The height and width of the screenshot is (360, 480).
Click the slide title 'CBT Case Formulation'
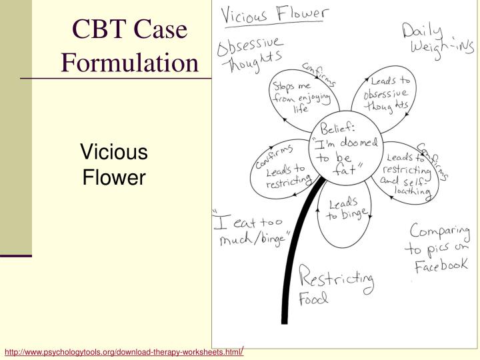click(130, 46)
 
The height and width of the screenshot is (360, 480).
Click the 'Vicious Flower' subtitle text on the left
click(113, 165)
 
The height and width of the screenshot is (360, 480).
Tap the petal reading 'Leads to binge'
click(344, 209)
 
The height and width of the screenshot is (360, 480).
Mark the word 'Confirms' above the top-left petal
click(319, 75)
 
